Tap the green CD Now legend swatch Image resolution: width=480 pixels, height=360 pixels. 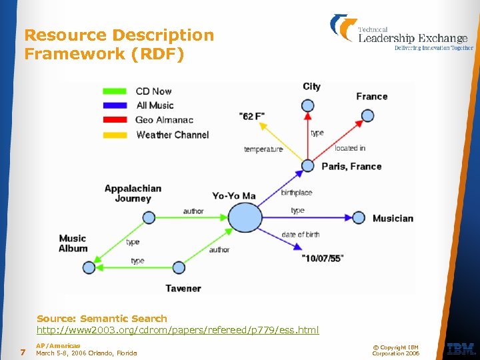coord(116,91)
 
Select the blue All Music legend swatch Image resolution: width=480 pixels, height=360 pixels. coord(116,105)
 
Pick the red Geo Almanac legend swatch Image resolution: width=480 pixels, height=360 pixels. coord(116,120)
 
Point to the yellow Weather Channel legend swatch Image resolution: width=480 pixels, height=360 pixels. coord(116,135)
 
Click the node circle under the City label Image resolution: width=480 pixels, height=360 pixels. coord(307,105)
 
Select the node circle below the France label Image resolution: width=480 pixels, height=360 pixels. coord(367,117)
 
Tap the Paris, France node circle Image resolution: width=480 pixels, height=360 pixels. coord(307,165)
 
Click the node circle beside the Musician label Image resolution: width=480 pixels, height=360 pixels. coord(359,217)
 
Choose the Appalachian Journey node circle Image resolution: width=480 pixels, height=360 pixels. coord(149,217)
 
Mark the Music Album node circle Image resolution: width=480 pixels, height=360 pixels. coord(89,267)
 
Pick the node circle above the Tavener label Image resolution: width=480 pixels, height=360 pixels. coord(179,267)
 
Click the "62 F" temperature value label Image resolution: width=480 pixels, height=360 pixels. coord(251,116)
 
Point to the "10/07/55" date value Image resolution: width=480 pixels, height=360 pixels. coord(322,258)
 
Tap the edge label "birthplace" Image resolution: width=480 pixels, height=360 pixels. coord(296,193)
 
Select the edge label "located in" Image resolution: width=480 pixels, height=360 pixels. coord(350,148)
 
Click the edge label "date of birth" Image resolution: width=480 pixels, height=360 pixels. coord(301,234)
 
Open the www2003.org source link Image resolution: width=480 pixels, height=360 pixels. coord(177,330)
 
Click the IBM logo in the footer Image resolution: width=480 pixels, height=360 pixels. coord(461,348)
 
